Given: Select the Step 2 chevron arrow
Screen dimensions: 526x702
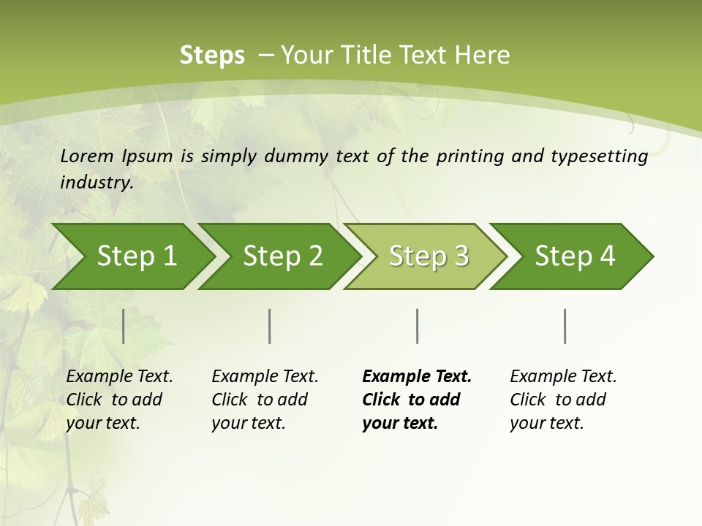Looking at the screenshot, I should coord(282,256).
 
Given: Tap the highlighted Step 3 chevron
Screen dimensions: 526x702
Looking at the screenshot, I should coord(429,256).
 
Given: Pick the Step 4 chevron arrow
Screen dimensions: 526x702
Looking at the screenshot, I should coord(575,256).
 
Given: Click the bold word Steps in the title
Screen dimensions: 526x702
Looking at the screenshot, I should coord(212,56).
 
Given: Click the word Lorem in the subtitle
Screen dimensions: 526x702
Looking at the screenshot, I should coord(86,156).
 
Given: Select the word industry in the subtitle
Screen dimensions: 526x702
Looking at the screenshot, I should coord(97,183).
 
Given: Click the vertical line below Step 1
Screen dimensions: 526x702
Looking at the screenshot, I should coord(124,326).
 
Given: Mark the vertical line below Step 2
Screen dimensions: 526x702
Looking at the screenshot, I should coord(270,326).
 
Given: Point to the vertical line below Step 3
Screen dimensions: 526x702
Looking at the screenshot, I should coord(417,326).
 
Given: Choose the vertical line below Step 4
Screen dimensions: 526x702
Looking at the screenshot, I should coord(565,326).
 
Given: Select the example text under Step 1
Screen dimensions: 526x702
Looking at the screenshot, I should coord(119,400).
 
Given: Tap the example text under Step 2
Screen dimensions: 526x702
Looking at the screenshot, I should coord(265,400).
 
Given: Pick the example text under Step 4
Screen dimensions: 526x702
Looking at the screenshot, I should coord(563,400).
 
